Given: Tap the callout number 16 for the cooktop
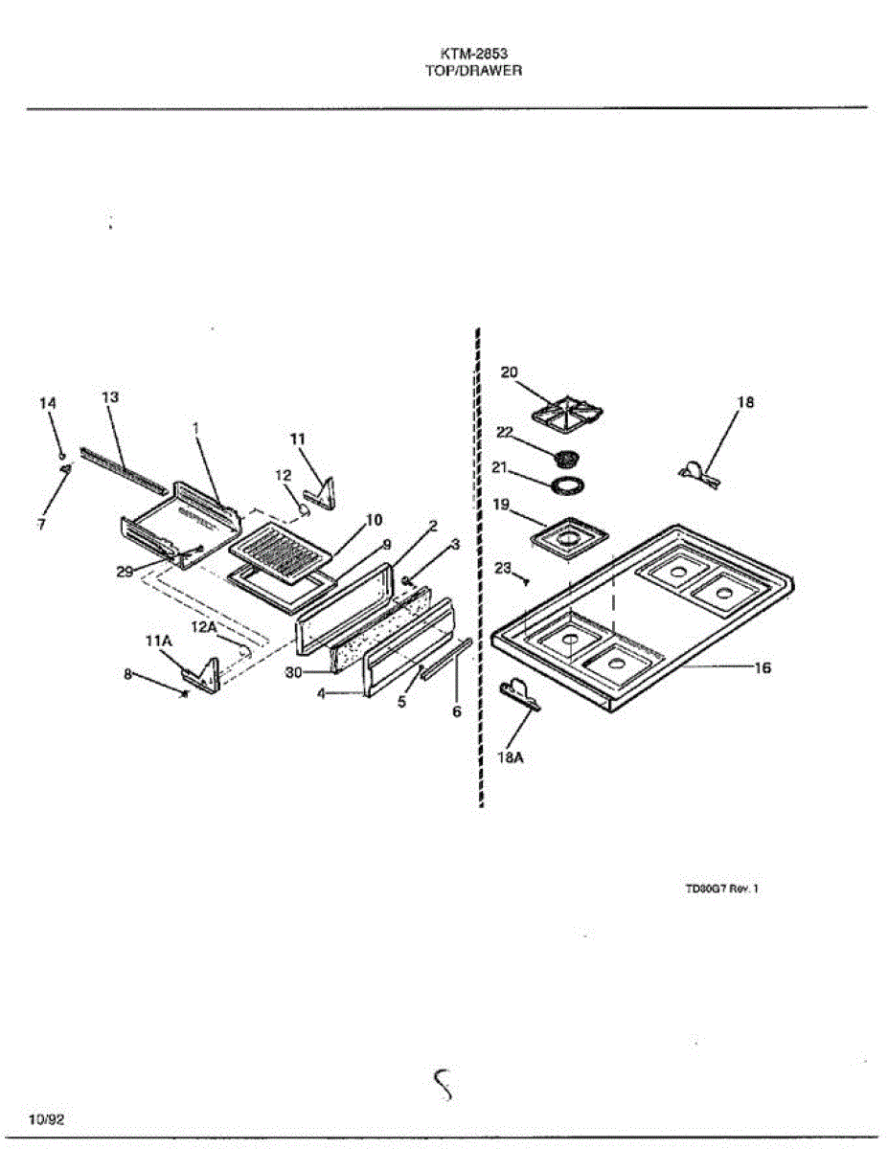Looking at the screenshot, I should (763, 668).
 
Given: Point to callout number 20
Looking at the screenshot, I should (509, 372).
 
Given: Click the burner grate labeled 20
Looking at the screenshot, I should (567, 413).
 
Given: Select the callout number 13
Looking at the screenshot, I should (110, 396).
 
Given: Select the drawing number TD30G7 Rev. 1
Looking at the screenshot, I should (721, 889).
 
